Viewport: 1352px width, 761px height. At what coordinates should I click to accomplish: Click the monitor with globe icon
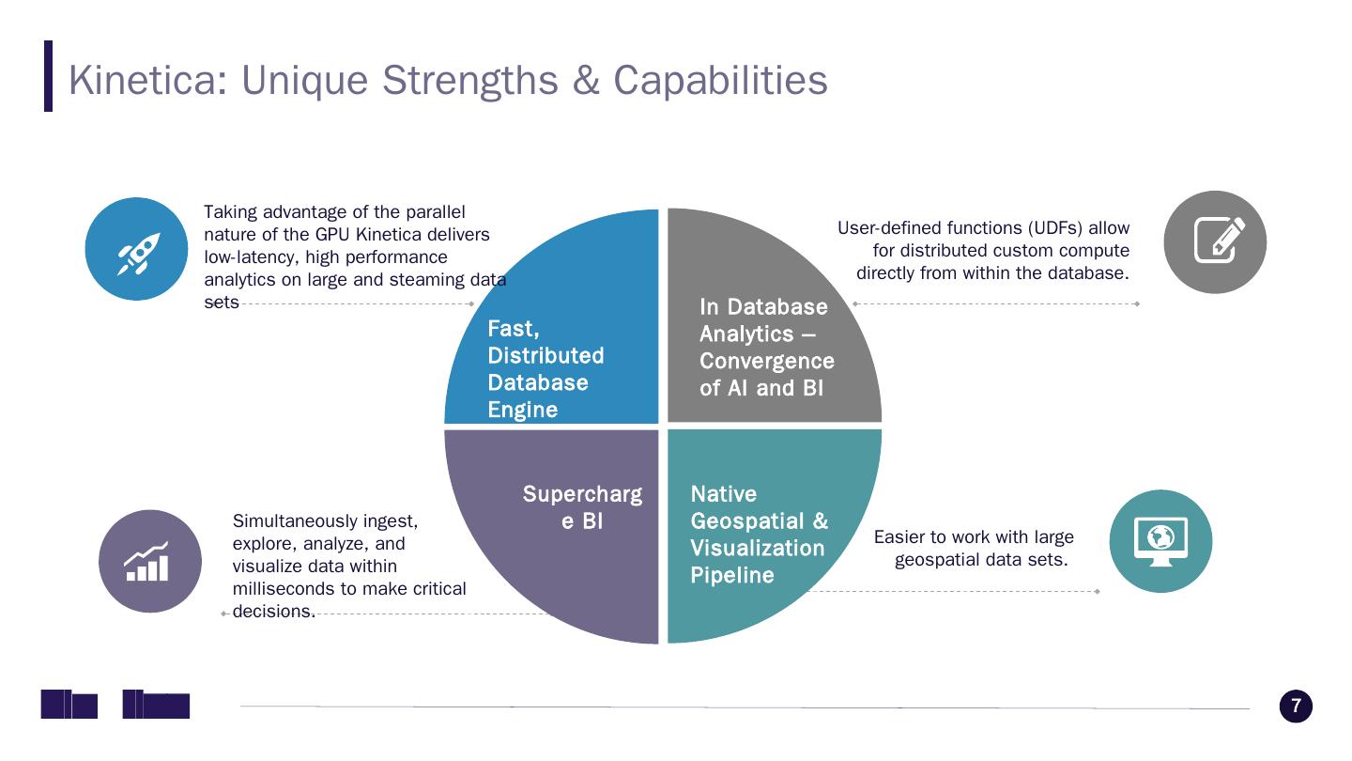pyautogui.click(x=1160, y=541)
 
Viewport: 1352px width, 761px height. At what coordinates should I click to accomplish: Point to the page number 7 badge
pyautogui.click(x=1296, y=707)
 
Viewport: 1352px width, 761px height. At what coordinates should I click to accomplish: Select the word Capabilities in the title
pyautogui.click(x=720, y=80)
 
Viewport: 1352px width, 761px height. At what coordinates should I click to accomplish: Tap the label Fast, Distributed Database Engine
pyautogui.click(x=545, y=369)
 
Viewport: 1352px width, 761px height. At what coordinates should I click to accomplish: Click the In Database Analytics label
pyautogui.click(x=766, y=348)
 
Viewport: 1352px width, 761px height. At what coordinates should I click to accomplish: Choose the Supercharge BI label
pyautogui.click(x=582, y=507)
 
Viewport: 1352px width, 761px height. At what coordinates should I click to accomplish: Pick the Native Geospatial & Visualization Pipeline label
pyautogui.click(x=759, y=535)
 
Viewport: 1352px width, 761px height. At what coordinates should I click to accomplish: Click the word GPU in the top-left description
pyautogui.click(x=332, y=235)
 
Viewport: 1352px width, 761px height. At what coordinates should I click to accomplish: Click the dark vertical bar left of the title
pyautogui.click(x=49, y=76)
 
